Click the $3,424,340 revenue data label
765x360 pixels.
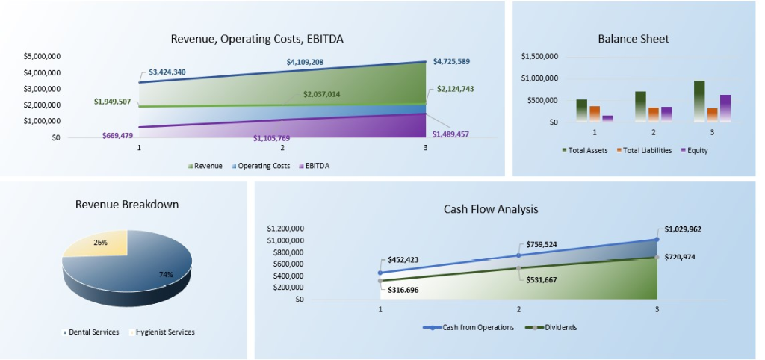(x=167, y=72)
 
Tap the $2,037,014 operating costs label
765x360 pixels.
(x=321, y=94)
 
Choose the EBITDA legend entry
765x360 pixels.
(x=315, y=166)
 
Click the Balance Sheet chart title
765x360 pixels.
(x=633, y=39)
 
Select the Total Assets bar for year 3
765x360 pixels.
(x=699, y=101)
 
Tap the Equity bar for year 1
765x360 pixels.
(x=607, y=118)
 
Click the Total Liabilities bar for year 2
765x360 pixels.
(x=654, y=114)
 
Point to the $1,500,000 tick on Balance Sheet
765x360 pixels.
(x=539, y=56)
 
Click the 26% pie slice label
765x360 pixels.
(x=101, y=243)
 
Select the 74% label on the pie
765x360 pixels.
(x=166, y=275)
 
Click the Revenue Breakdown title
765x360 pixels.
(x=127, y=204)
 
